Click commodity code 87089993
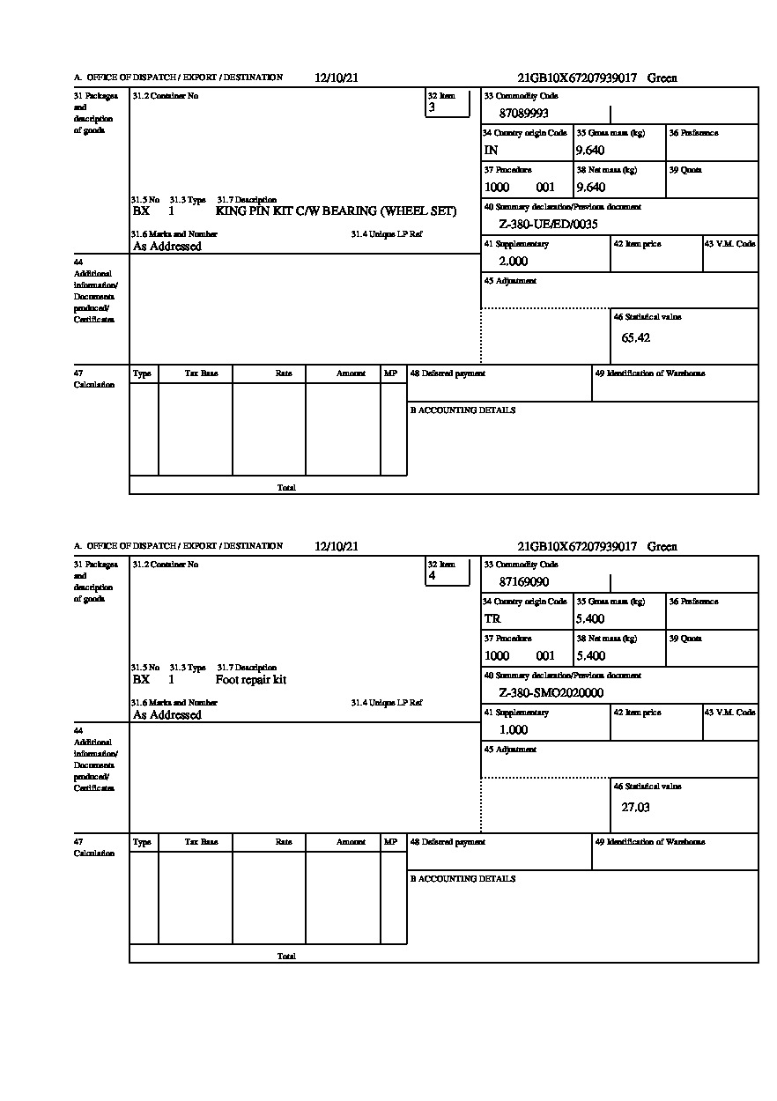pyautogui.click(x=523, y=114)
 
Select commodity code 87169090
pyautogui.click(x=523, y=582)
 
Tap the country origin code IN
pyautogui.click(x=492, y=151)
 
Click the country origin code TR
pyautogui.click(x=492, y=619)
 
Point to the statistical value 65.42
pyautogui.click(x=635, y=338)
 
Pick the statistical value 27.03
pyautogui.click(x=635, y=807)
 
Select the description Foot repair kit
pyautogui.click(x=251, y=680)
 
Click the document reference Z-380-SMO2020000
pyautogui.click(x=551, y=693)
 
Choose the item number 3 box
pyautogui.click(x=448, y=103)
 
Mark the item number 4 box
pyautogui.click(x=448, y=572)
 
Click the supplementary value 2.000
pyautogui.click(x=513, y=262)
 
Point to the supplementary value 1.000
pyautogui.click(x=513, y=730)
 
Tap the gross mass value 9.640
pyautogui.click(x=590, y=151)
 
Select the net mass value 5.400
pyautogui.click(x=590, y=656)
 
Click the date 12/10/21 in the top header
pyautogui.click(x=337, y=78)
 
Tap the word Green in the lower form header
pyautogui.click(x=662, y=547)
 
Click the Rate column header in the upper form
pyautogui.click(x=283, y=373)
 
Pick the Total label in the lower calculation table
pyautogui.click(x=286, y=957)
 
